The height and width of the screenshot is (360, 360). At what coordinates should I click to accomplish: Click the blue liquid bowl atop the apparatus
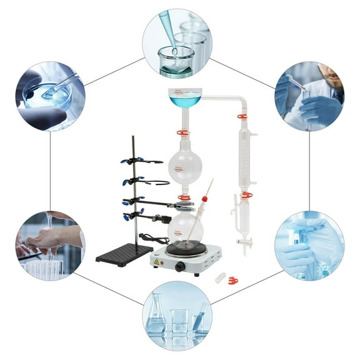click(x=185, y=98)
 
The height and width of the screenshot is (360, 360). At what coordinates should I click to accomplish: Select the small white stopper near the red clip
click(x=219, y=277)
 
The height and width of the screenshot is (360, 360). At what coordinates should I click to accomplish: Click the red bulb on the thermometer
click(x=204, y=199)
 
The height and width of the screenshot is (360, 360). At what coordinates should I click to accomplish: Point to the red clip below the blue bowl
click(x=182, y=132)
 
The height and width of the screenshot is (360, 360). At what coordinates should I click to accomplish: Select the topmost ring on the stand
click(x=150, y=162)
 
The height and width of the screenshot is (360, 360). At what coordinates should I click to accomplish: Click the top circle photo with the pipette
click(x=177, y=43)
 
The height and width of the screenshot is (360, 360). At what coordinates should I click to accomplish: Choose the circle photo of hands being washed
click(x=50, y=244)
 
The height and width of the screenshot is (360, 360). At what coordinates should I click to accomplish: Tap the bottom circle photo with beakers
click(x=177, y=315)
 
